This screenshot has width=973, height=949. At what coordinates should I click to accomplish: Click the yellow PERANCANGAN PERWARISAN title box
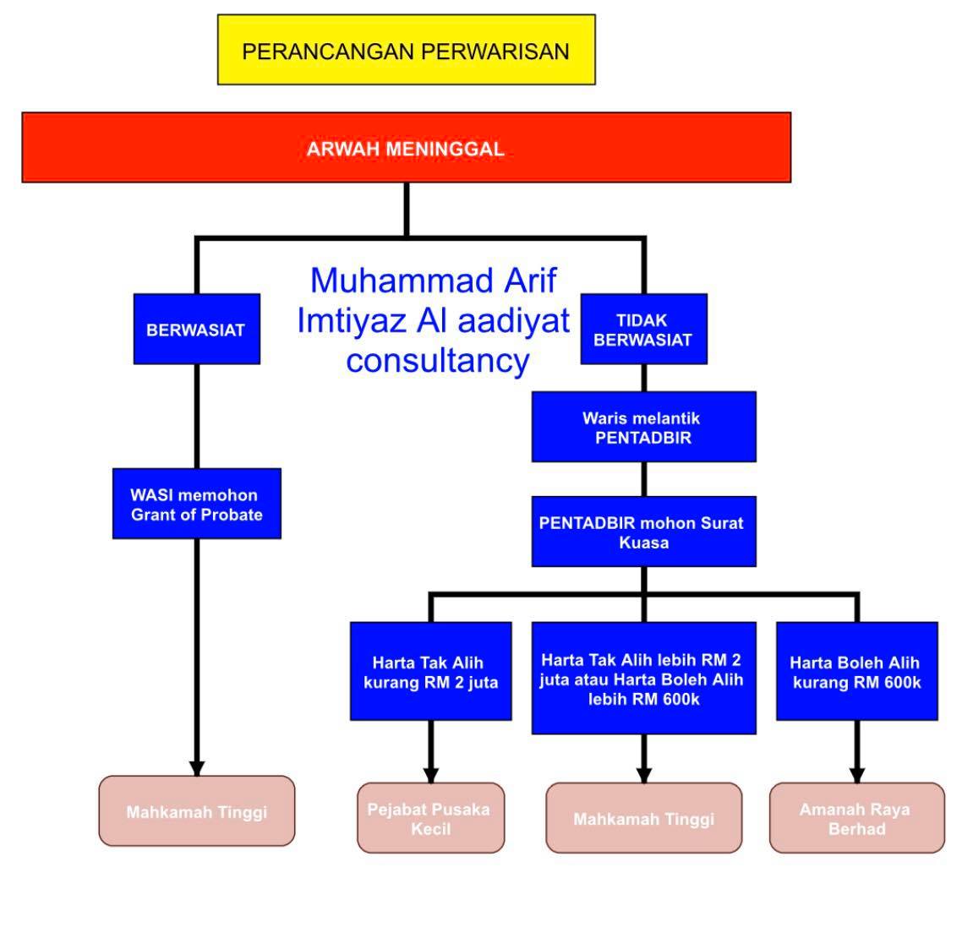[x=407, y=50]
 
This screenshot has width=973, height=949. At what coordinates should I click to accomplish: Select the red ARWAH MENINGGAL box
[x=407, y=148]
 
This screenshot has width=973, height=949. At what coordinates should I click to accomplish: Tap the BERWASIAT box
[x=197, y=329]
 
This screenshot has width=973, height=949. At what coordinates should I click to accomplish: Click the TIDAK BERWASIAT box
[x=644, y=329]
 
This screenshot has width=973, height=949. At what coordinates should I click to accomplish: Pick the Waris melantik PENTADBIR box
[x=644, y=427]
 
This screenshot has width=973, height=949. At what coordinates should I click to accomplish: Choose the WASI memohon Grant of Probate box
[x=197, y=504]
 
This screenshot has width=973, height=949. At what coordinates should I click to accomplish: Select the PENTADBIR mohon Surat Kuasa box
[x=644, y=532]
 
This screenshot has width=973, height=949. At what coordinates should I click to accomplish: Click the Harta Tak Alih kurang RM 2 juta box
[x=430, y=671]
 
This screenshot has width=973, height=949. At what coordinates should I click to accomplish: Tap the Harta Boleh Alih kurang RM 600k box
[x=857, y=671]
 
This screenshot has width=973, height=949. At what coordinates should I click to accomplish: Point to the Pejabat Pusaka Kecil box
[x=430, y=818]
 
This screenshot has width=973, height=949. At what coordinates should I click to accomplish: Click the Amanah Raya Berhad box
[x=857, y=818]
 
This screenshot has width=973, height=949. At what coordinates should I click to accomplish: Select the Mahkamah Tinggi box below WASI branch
[x=197, y=810]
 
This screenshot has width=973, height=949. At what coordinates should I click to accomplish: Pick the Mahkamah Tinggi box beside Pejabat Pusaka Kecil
[x=644, y=818]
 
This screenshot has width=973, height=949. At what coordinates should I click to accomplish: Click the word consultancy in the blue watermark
[x=438, y=361]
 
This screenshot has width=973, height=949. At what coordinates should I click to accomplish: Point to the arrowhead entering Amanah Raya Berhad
[x=857, y=775]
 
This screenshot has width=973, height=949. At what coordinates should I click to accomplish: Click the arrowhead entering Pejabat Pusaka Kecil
[x=430, y=775]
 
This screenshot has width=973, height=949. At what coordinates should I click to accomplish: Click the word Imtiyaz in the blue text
[x=351, y=321]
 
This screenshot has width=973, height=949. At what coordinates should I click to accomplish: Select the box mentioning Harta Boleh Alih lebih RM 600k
[x=644, y=678]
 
